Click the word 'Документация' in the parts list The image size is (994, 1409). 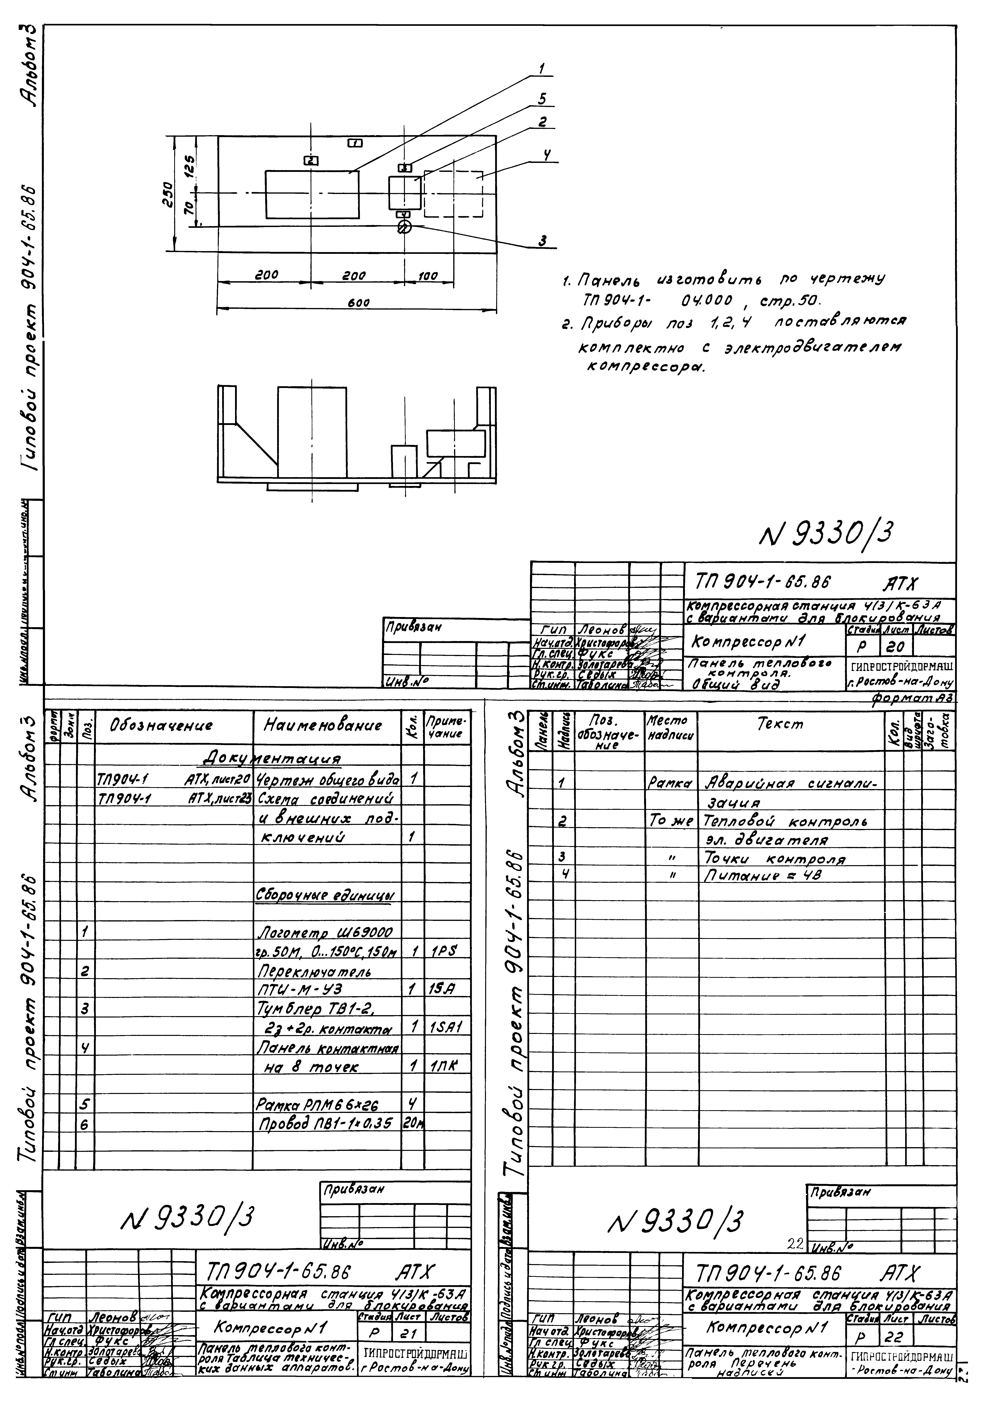[271, 759]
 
